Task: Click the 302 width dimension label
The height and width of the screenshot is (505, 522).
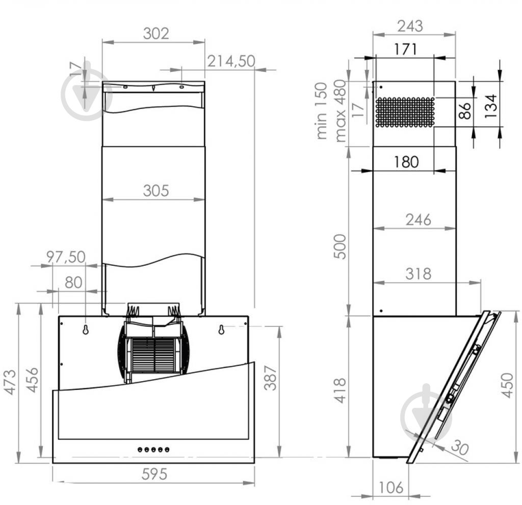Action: pyautogui.click(x=155, y=34)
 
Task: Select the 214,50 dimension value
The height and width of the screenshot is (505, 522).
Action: pyautogui.click(x=231, y=61)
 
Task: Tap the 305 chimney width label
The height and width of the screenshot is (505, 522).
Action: pyautogui.click(x=155, y=190)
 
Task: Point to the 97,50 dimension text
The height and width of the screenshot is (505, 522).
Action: pyautogui.click(x=66, y=257)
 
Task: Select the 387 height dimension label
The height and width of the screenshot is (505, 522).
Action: pyautogui.click(x=273, y=377)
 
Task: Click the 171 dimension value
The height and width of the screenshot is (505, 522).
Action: pyautogui.click(x=405, y=49)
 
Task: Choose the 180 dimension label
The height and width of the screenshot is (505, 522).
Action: pyautogui.click(x=406, y=162)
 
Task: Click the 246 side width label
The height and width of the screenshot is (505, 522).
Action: pyautogui.click(x=418, y=219)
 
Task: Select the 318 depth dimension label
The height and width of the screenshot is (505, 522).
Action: pyautogui.click(x=418, y=273)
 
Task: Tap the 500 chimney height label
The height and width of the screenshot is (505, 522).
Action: pyautogui.click(x=340, y=246)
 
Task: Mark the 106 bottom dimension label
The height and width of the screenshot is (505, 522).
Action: pyautogui.click(x=391, y=487)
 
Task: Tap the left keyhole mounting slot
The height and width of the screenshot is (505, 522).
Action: pyautogui.click(x=86, y=329)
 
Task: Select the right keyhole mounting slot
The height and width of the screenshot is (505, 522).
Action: pyautogui.click(x=221, y=329)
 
